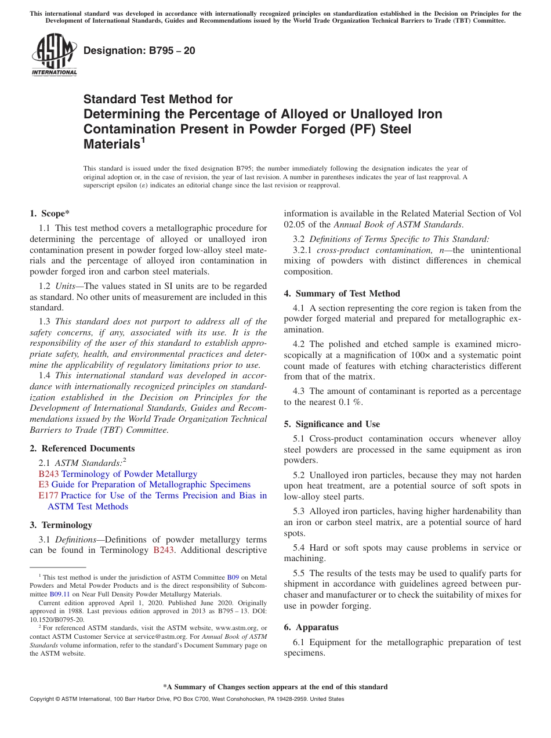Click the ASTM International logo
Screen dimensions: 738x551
coord(54,55)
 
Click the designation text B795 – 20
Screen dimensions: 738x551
coord(139,50)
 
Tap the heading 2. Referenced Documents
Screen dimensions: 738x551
coord(82,448)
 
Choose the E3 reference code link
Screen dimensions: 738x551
coord(43,484)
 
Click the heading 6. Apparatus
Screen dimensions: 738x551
coord(311,627)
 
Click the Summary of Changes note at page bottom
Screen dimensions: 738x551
coord(275,687)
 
